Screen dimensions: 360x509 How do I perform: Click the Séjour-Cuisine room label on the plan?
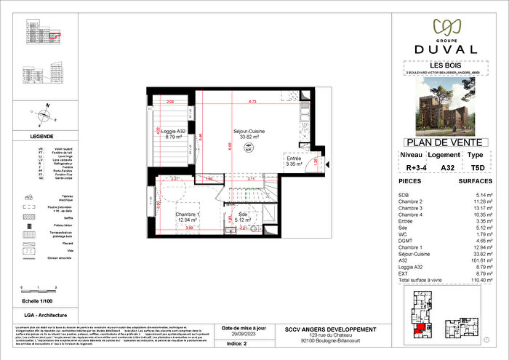[x=249, y=133]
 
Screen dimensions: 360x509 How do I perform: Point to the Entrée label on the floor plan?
[x=294, y=158]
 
